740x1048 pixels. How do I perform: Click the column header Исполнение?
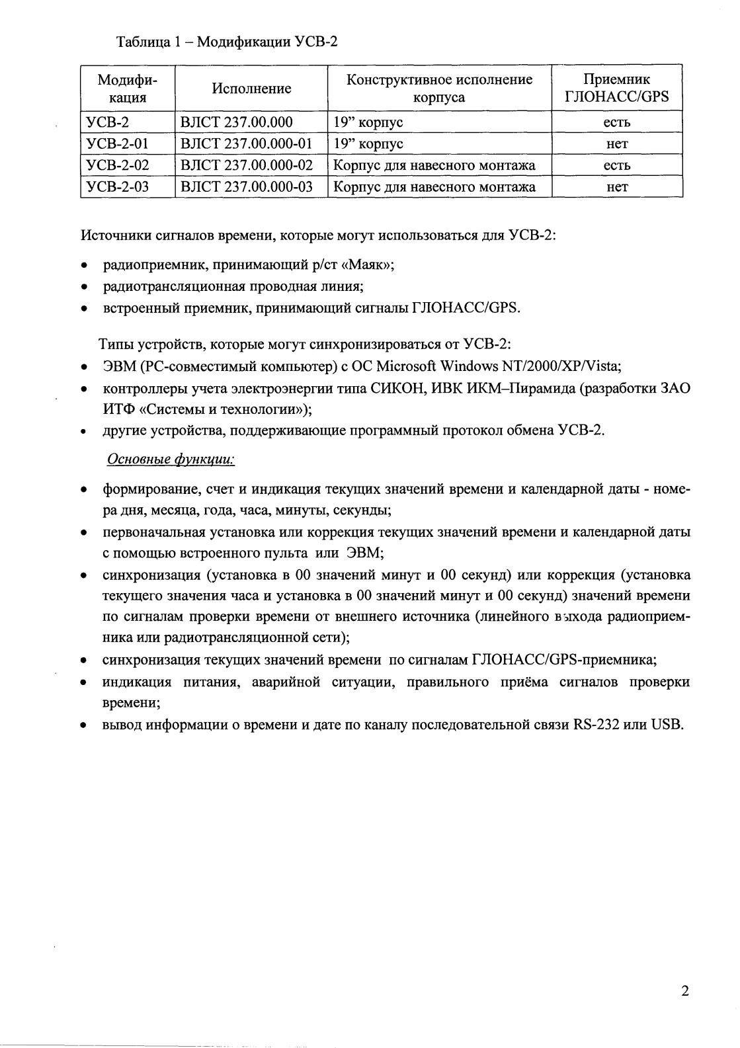tap(251, 89)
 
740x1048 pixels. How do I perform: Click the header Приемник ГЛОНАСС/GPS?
tap(616, 89)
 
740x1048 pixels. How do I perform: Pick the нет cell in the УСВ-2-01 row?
tap(616, 144)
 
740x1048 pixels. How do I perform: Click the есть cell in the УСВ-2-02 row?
tap(616, 165)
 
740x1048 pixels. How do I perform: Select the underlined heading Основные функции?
tap(171, 460)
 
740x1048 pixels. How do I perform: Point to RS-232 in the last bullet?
tap(596, 725)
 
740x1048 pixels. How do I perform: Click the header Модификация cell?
tap(128, 89)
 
